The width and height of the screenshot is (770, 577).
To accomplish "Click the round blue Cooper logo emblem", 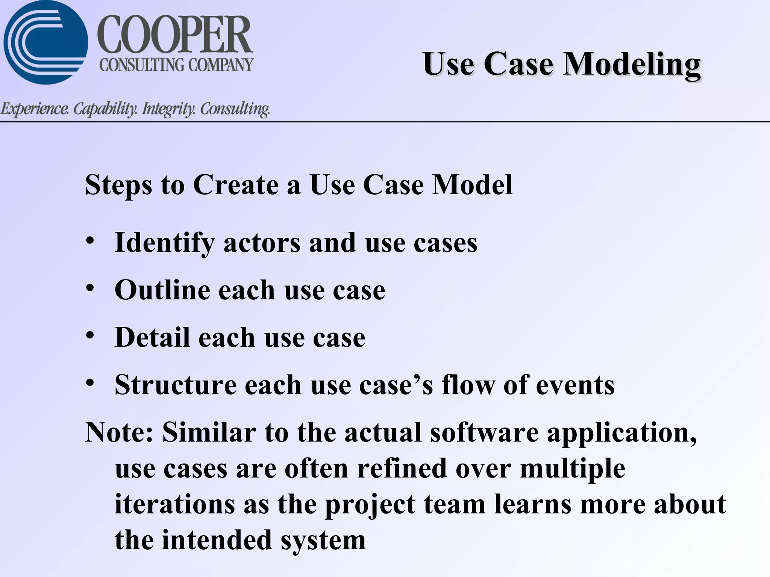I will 45,42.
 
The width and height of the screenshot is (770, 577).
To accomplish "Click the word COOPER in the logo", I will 175,35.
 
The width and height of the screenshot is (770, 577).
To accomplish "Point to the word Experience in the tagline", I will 35,109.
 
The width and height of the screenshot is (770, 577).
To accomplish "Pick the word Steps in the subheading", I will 118,185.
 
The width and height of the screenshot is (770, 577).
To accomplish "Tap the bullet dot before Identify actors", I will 89,240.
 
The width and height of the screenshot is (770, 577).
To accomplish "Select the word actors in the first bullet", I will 262,243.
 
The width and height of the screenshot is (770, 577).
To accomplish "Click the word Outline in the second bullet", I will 162,290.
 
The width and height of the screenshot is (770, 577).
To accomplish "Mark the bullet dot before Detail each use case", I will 89,335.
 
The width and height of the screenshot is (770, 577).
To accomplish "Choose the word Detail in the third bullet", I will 152,337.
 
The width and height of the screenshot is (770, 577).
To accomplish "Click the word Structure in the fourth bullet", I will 176,385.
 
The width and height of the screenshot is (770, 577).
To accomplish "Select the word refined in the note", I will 402,469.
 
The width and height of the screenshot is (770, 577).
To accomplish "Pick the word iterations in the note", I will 175,504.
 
